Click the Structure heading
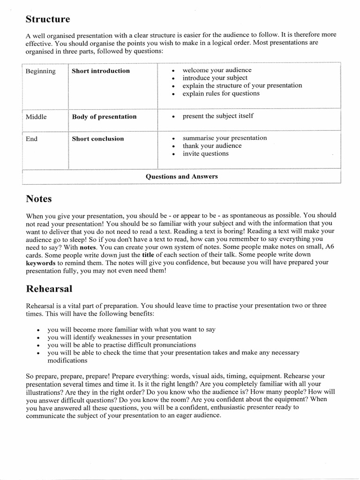[47, 20]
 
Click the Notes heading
[39, 199]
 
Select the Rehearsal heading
[49, 289]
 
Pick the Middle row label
[36, 117]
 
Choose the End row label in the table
[32, 139]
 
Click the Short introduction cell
[101, 71]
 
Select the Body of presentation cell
[104, 117]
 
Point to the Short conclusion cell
[98, 139]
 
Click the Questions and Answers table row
[181, 177]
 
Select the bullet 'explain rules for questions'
[221, 93]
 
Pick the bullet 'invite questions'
[206, 153]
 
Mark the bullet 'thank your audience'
[212, 146]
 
